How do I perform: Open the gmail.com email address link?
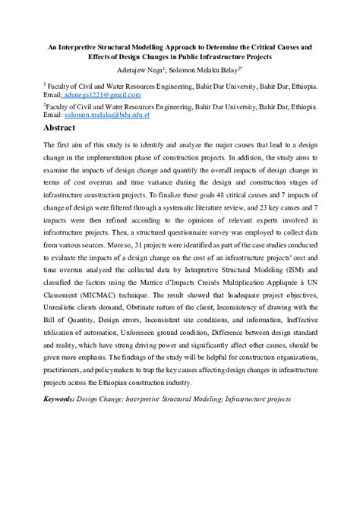(93, 96)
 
